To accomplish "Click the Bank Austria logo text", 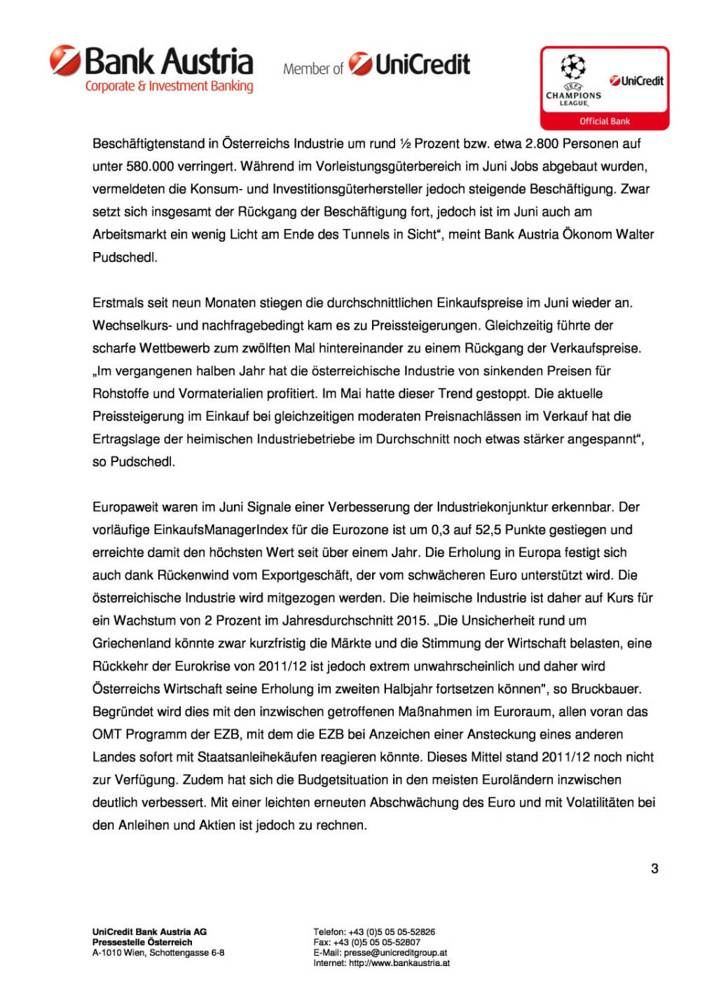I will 168,62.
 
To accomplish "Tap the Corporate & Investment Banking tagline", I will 169,87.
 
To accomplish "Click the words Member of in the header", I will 313,69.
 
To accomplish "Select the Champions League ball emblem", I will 573,67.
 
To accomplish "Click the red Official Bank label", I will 604,121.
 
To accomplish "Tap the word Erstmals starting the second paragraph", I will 118,303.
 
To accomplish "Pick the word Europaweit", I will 125,507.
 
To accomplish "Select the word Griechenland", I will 130,643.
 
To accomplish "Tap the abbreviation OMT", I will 107,734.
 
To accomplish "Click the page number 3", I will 654,869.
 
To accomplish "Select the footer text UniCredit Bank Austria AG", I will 149,932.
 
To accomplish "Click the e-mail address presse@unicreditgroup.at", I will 395,953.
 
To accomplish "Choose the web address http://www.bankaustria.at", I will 399,963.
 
